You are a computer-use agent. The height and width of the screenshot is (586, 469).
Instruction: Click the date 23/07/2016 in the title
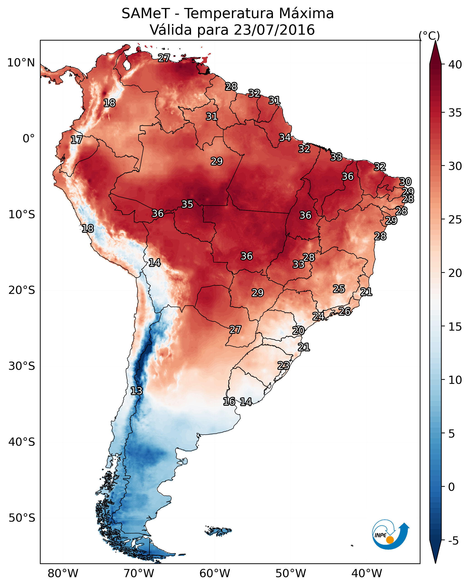pyautogui.click(x=274, y=30)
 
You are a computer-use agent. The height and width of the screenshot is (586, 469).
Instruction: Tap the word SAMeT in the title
pyautogui.click(x=146, y=13)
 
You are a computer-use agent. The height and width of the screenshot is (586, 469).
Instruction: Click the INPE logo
pyautogui.click(x=391, y=534)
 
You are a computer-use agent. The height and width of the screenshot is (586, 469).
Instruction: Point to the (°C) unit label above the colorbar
pyautogui.click(x=429, y=36)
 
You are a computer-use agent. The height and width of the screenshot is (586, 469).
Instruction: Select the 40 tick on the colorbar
pyautogui.click(x=455, y=64)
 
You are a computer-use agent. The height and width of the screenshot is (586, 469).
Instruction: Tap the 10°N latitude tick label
pyautogui.click(x=21, y=63)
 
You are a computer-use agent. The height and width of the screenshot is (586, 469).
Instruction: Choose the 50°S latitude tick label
pyautogui.click(x=22, y=518)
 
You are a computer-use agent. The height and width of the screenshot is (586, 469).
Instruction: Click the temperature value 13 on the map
pyautogui.click(x=136, y=391)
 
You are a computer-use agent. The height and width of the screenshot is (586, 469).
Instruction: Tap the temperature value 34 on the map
pyautogui.click(x=285, y=138)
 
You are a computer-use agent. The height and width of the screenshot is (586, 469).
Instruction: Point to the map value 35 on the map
pyautogui.click(x=187, y=204)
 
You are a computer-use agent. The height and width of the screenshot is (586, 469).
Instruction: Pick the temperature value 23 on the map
pyautogui.click(x=283, y=365)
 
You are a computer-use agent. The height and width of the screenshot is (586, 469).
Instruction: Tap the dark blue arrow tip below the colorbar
pyautogui.click(x=435, y=563)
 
